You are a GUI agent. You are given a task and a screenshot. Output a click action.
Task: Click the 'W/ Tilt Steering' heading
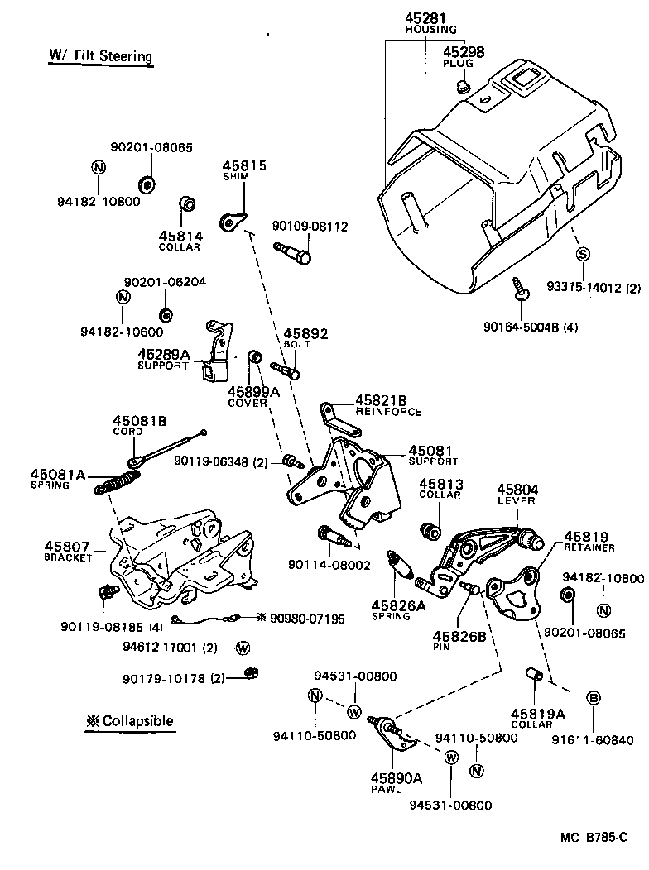point(100,56)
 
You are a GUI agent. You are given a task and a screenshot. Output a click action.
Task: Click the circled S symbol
point(582,253)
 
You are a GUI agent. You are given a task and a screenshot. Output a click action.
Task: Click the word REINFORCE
point(388,412)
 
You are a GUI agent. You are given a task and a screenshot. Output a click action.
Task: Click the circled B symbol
point(594,698)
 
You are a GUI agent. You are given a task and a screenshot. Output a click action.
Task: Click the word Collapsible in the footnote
point(137,720)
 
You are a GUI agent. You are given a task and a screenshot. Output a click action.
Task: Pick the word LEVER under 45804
point(517,500)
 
